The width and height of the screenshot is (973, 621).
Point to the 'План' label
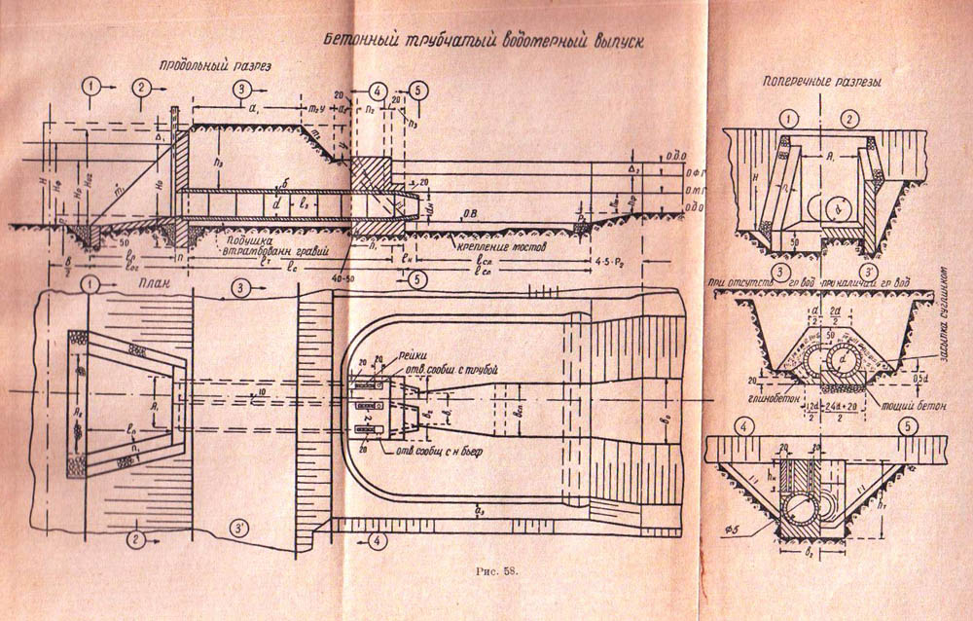pos(146,284)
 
